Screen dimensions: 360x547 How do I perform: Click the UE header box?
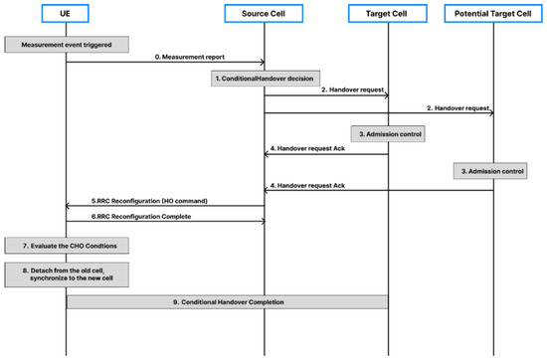click(x=67, y=12)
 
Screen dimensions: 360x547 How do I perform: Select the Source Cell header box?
click(x=265, y=12)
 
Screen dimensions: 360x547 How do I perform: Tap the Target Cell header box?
click(x=387, y=12)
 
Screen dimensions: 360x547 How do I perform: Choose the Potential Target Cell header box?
click(x=494, y=12)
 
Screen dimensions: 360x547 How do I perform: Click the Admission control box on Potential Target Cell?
click(x=493, y=171)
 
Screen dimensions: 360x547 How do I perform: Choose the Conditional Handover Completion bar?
click(x=227, y=301)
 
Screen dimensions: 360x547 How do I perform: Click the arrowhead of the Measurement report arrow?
click(x=262, y=64)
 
